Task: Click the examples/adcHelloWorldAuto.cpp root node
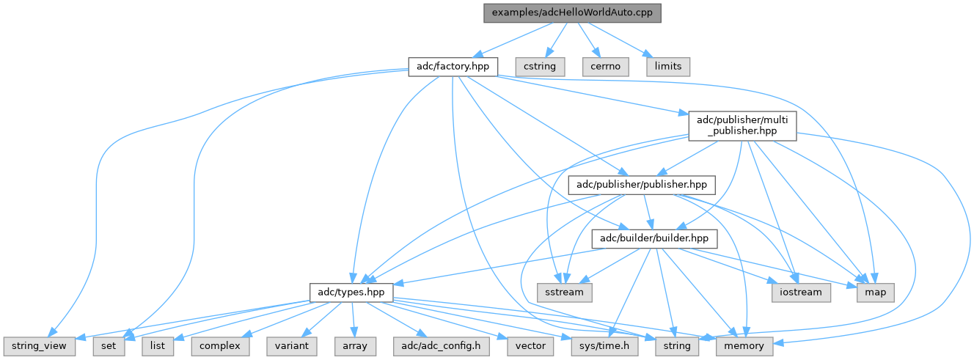click(572, 12)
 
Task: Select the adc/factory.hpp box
click(453, 66)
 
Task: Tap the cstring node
click(540, 66)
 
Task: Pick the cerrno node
click(606, 66)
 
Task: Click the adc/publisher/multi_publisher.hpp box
click(742, 125)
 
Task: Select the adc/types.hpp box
click(351, 292)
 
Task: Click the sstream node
click(563, 292)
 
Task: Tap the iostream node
click(801, 292)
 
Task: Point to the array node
click(355, 345)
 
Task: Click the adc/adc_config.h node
click(441, 345)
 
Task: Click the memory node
click(744, 345)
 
